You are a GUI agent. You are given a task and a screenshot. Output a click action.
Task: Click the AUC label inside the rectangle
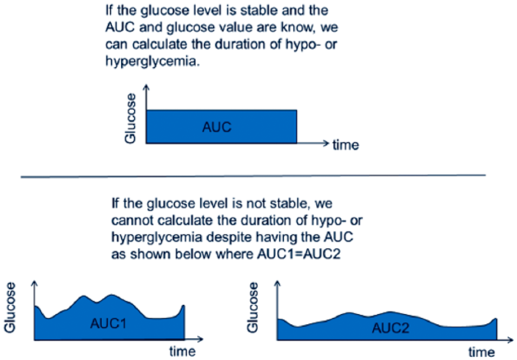pos(217,127)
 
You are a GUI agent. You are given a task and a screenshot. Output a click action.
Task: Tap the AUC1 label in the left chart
pos(109,323)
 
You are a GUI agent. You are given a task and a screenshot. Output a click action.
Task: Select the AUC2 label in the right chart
pos(390,328)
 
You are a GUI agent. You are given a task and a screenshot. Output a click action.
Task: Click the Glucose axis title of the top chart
pos(130,118)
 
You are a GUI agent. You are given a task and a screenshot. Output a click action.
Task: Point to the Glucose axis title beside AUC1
pos(10,307)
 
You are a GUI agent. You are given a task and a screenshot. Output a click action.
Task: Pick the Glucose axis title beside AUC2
pos(253,307)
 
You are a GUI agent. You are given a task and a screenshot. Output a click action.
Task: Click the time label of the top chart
pos(346,145)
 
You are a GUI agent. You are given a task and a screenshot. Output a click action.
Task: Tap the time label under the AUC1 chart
pos(182,351)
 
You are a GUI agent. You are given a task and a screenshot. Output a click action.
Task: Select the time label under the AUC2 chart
pos(481,352)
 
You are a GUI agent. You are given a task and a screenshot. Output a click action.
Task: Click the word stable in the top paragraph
pos(261,10)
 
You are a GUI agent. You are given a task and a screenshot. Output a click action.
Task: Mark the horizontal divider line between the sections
pos(253,176)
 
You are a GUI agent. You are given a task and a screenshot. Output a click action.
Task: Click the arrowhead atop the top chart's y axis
pos(147,86)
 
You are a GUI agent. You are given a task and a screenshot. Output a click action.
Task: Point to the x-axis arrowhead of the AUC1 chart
pos(201,339)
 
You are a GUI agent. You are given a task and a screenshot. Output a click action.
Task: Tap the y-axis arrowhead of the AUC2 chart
pos(277,283)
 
